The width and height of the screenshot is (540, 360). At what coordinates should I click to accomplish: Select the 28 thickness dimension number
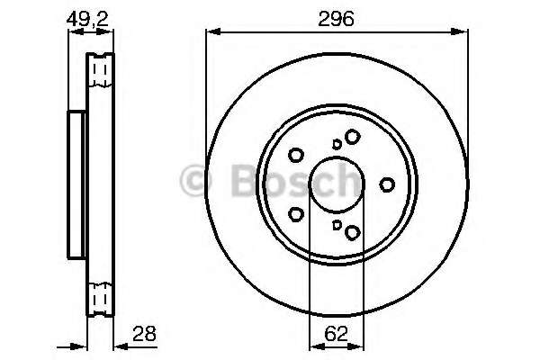(x=144, y=334)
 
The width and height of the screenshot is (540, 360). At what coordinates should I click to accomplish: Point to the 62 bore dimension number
(x=336, y=334)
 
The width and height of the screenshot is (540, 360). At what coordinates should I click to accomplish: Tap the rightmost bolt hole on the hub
(x=388, y=184)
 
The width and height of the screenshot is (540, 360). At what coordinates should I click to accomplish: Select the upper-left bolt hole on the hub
(x=297, y=154)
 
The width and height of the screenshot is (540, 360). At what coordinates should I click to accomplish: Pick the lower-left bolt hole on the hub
(x=296, y=214)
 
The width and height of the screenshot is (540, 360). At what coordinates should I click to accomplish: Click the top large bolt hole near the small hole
(x=352, y=136)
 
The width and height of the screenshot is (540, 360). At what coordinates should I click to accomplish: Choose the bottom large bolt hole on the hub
(x=352, y=233)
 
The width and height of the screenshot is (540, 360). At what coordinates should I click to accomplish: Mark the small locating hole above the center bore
(x=337, y=143)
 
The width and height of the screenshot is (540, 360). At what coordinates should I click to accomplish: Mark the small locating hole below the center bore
(x=337, y=226)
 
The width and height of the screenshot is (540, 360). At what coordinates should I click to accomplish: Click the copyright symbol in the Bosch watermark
(x=194, y=181)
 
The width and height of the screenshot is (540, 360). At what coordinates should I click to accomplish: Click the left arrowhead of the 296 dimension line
(x=211, y=32)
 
